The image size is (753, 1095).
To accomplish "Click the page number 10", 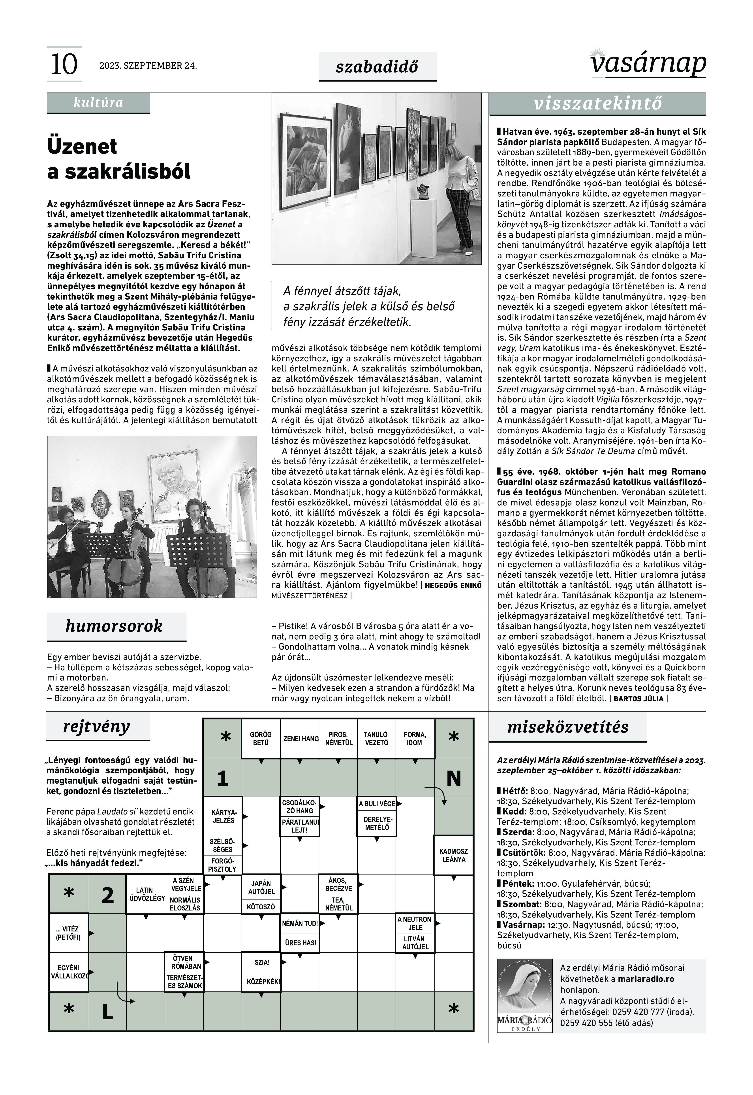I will click(x=64, y=65).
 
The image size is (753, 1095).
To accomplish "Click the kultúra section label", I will click(x=98, y=103).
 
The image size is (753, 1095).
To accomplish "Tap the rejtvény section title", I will click(x=97, y=726).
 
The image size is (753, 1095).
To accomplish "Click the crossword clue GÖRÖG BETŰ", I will click(x=260, y=739).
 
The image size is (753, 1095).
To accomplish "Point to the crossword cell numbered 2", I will click(x=108, y=895).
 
